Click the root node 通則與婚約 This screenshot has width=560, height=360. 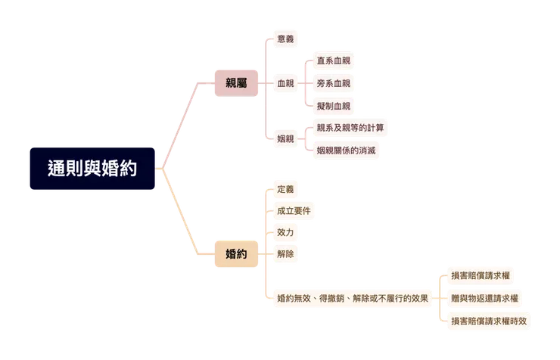(x=92, y=169)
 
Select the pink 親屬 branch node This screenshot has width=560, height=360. (x=236, y=83)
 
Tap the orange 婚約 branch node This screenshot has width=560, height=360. (x=236, y=253)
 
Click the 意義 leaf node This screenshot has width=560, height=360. (x=285, y=39)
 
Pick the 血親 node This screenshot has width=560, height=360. (x=285, y=83)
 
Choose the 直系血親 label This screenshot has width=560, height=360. (x=333, y=61)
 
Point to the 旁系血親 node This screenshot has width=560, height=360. (x=333, y=83)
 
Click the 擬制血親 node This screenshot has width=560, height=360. (x=333, y=106)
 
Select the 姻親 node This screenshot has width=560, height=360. (x=285, y=139)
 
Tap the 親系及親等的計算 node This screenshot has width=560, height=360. (x=350, y=128)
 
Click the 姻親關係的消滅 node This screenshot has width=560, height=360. (x=346, y=151)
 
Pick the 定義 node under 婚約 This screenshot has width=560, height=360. (x=285, y=189)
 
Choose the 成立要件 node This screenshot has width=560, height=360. (x=294, y=211)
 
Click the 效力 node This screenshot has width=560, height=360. (x=285, y=232)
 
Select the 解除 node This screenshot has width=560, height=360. (x=285, y=253)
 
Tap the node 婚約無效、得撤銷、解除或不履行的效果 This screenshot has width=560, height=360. (x=353, y=298)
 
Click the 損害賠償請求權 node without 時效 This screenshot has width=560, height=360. (x=481, y=275)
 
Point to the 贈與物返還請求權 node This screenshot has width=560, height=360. (x=484, y=298)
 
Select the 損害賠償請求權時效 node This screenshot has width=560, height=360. (x=489, y=321)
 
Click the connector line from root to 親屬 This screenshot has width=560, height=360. (x=181, y=125)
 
